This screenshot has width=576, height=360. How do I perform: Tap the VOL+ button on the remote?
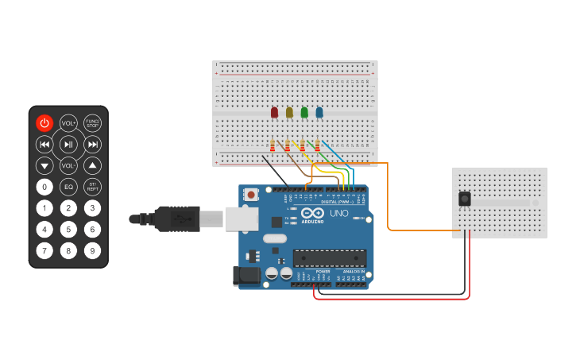[x=68, y=122]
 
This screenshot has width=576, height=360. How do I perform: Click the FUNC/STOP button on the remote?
[x=93, y=122]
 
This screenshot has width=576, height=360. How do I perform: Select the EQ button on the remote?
[x=68, y=187]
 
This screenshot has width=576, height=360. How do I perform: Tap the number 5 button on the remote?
[x=68, y=230]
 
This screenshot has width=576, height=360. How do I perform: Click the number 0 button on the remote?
[x=44, y=187]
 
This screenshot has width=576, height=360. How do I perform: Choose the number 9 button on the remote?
[x=93, y=251]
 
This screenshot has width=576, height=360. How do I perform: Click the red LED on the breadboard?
[x=274, y=113]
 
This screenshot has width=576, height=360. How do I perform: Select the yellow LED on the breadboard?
[x=289, y=113]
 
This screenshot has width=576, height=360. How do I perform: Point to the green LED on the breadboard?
[x=304, y=113]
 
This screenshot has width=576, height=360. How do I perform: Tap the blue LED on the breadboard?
[x=319, y=113]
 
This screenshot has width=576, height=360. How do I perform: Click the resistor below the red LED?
[x=273, y=145]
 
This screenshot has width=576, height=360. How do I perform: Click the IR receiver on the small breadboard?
[x=464, y=199]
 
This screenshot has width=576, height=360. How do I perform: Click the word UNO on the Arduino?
[x=339, y=214]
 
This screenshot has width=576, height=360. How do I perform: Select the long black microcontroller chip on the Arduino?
[x=330, y=257]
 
